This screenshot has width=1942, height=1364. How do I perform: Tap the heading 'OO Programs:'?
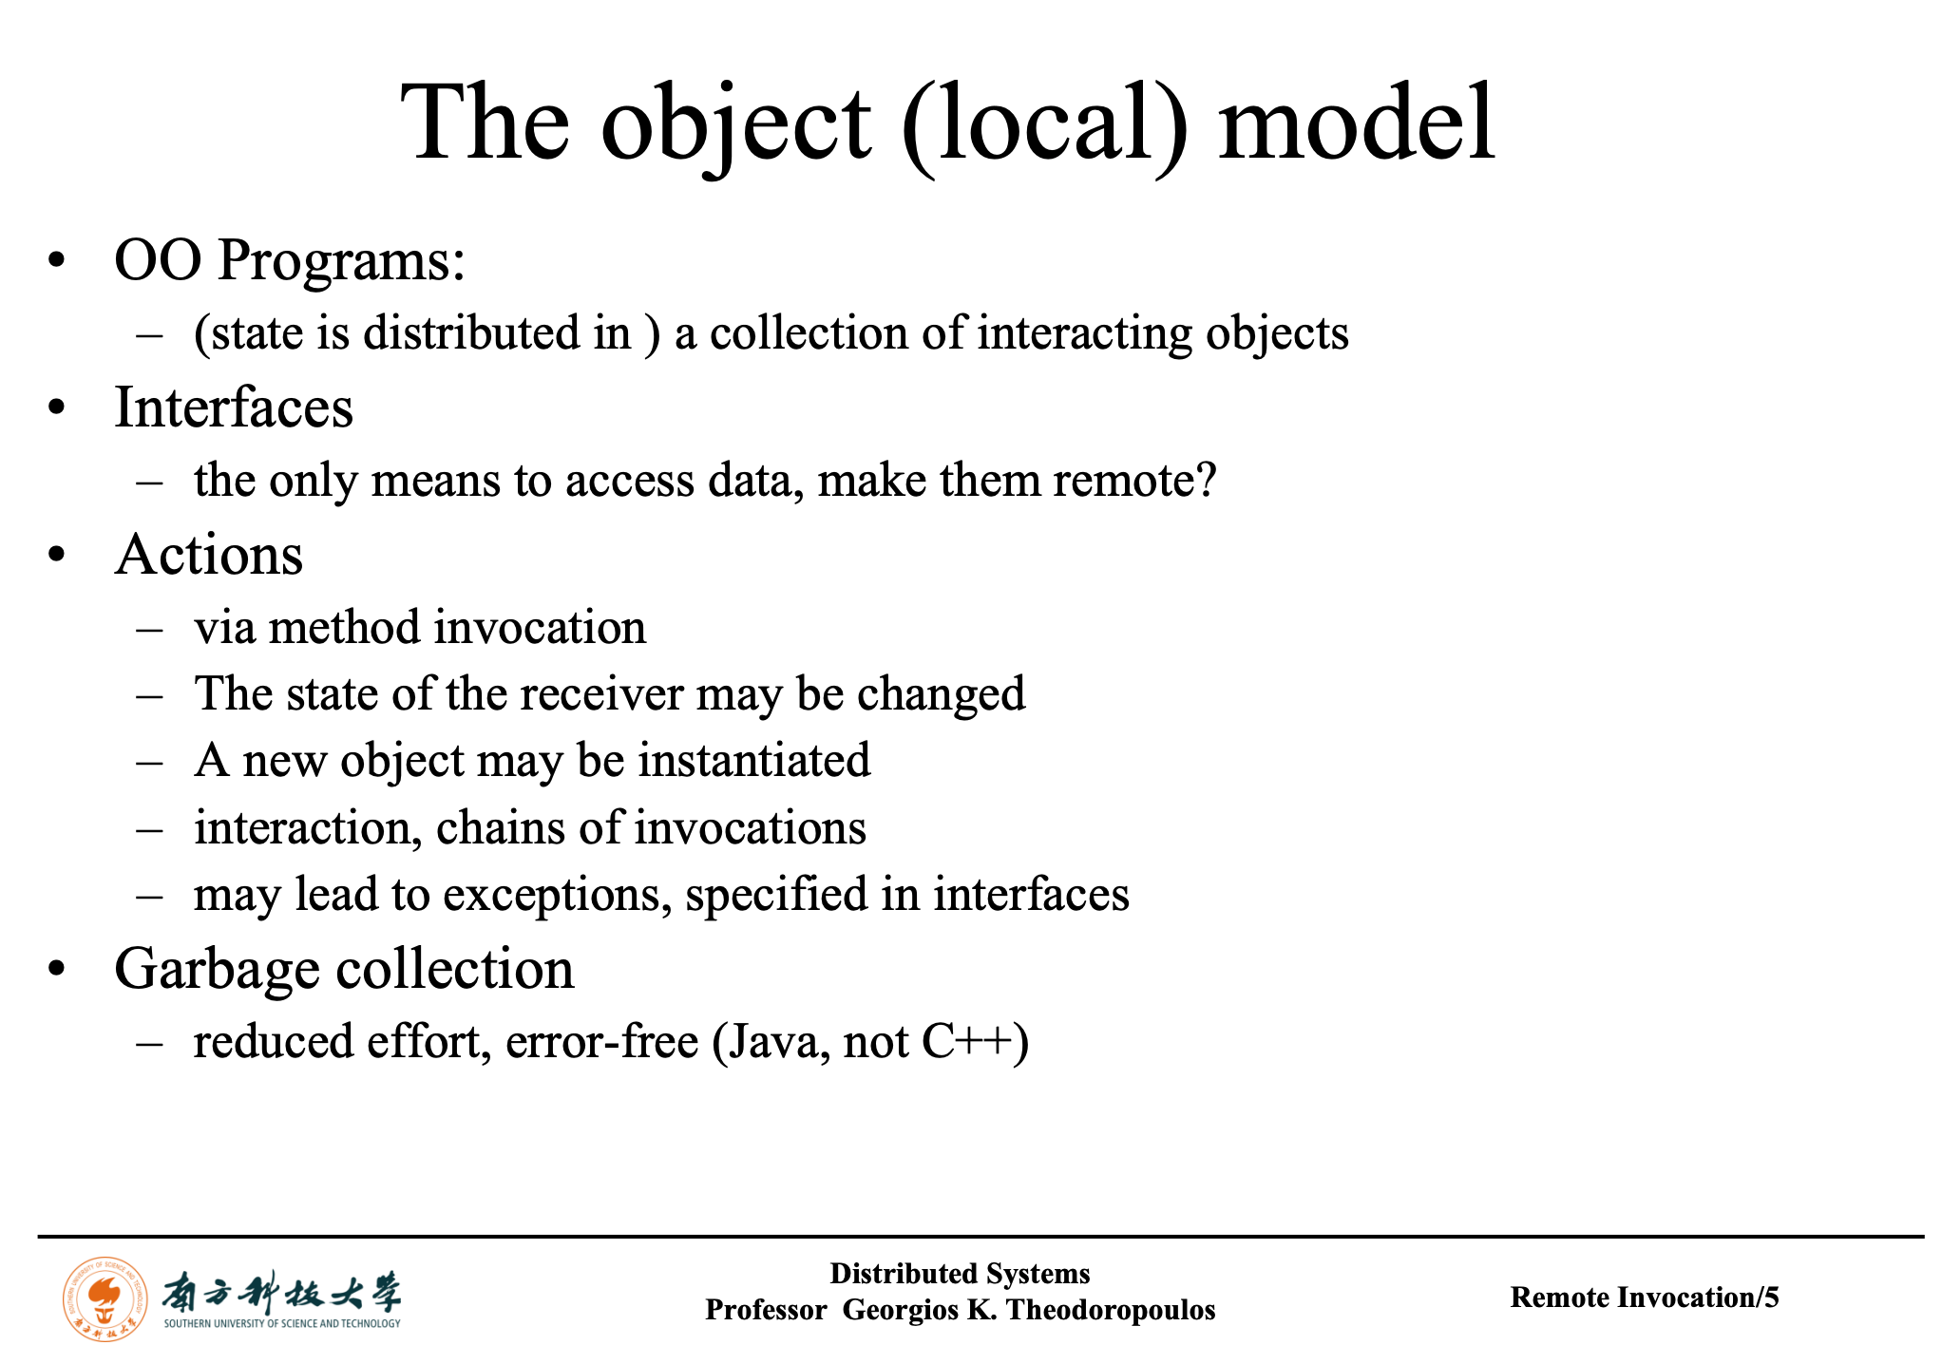click(290, 260)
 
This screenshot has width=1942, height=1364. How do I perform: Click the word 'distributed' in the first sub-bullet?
click(497, 332)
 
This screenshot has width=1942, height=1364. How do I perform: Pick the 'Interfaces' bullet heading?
click(234, 407)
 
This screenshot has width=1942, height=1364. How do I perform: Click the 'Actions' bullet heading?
click(209, 555)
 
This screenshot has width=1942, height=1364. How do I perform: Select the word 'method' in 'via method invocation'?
click(345, 628)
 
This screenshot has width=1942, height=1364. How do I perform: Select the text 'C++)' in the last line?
click(976, 1042)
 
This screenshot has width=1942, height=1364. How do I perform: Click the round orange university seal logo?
click(105, 1298)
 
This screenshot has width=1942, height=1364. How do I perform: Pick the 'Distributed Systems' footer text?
click(960, 1273)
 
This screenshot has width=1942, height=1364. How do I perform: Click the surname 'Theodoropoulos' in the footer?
click(1111, 1310)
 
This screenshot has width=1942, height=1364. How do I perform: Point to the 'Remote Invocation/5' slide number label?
click(1645, 1298)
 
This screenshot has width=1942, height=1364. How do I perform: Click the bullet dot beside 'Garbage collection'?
click(58, 970)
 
